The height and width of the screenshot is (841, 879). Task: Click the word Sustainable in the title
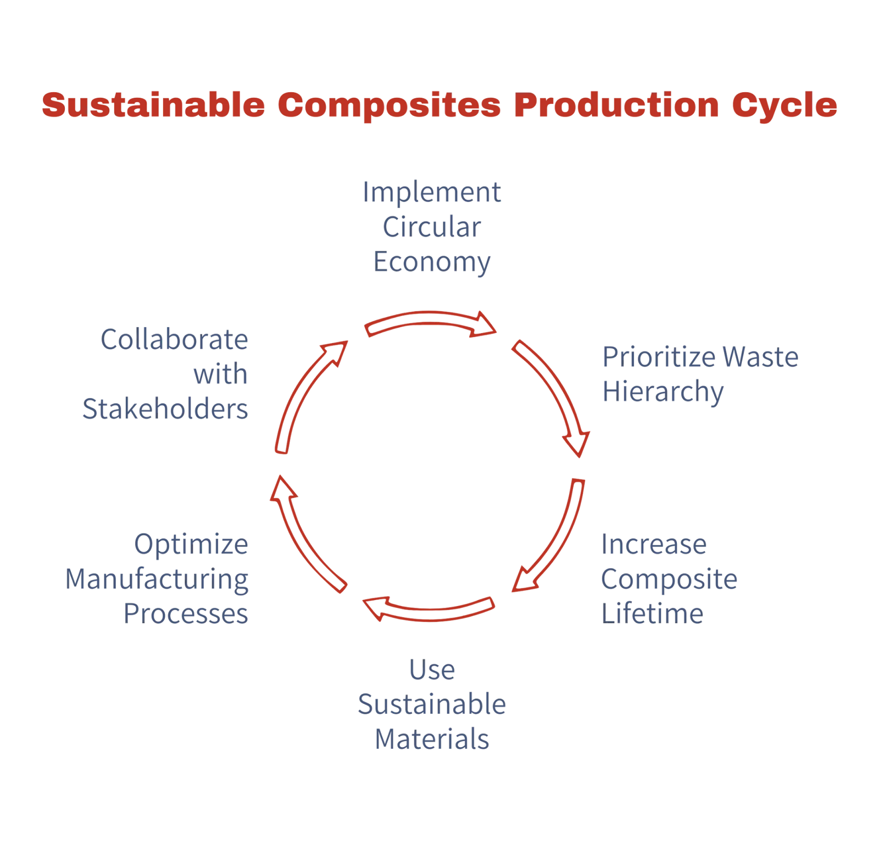click(x=153, y=105)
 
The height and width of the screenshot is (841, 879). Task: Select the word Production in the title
click(x=616, y=105)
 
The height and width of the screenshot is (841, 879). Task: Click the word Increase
click(x=654, y=545)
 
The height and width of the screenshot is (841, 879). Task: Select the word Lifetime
click(x=652, y=614)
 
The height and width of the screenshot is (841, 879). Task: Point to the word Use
click(x=432, y=670)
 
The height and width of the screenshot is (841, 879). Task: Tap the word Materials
click(x=432, y=739)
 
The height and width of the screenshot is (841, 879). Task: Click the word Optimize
click(x=191, y=545)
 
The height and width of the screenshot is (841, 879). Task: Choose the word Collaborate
click(x=174, y=339)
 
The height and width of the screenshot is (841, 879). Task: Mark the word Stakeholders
click(x=165, y=409)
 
